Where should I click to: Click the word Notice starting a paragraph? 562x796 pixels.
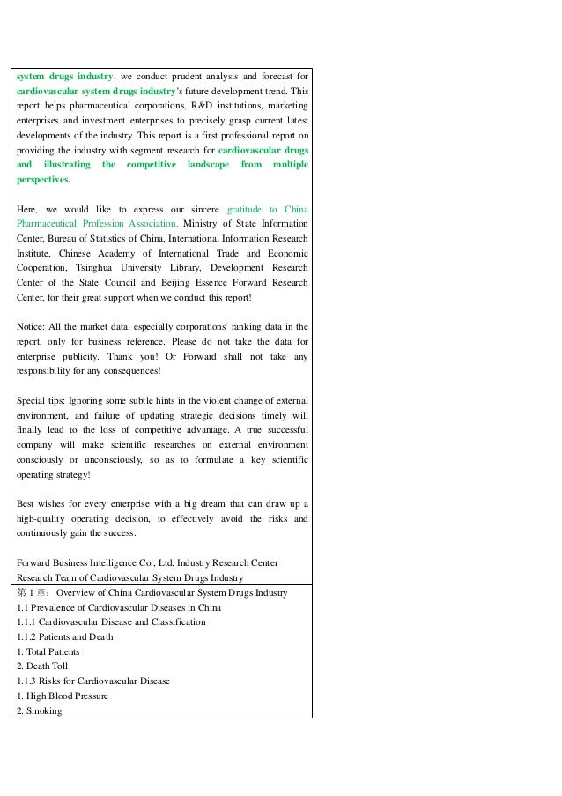pyautogui.click(x=31, y=327)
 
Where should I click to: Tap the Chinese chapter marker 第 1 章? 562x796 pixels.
pyautogui.click(x=33, y=593)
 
